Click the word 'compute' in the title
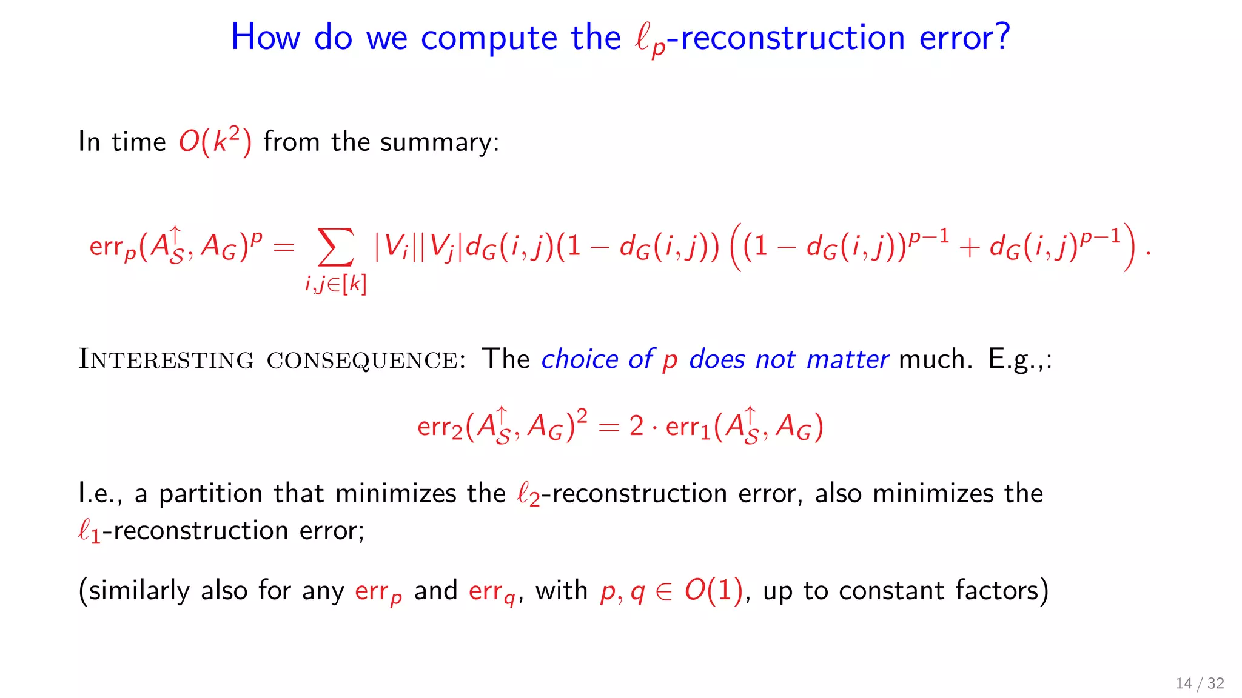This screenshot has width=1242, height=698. click(488, 38)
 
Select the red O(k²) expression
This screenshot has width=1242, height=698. click(215, 141)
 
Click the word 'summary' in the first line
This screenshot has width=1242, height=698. click(439, 142)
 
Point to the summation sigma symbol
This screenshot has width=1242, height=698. click(336, 247)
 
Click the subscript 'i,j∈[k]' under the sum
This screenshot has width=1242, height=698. click(336, 284)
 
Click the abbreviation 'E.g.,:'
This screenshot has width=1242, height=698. click(1020, 359)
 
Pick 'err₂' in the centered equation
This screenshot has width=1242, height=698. click(440, 427)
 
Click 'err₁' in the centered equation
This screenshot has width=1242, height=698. click(688, 427)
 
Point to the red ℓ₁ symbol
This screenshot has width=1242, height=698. click(89, 531)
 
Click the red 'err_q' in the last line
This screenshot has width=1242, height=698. click(492, 591)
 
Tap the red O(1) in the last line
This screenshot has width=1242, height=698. click(713, 590)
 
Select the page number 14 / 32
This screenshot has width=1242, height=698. click(1200, 683)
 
